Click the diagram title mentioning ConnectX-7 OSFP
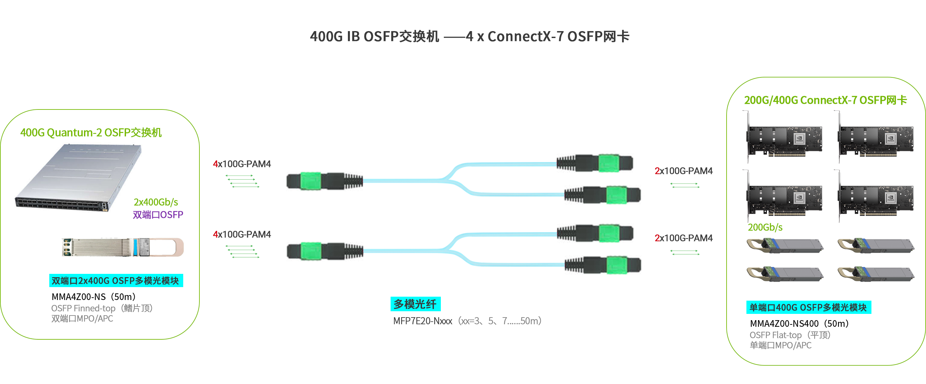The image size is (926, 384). coord(470,36)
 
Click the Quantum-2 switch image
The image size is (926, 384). coord(79,178)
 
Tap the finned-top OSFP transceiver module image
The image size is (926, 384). coord(123,247)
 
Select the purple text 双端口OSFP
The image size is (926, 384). coord(158,215)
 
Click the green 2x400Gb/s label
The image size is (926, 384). coord(156,202)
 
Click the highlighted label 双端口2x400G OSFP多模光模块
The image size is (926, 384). coord(116,280)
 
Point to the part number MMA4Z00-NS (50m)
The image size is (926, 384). coord(94,297)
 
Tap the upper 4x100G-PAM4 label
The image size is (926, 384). coord(242,164)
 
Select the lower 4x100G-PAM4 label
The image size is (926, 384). coord(242,235)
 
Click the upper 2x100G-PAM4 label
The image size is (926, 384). coord(683,171)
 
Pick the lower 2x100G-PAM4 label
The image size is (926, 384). coord(683,238)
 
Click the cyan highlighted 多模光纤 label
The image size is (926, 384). coord(415,304)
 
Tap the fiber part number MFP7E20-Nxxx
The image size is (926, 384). coord(423,321)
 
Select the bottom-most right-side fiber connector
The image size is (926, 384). coord(603,265)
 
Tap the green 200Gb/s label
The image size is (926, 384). coord(765,227)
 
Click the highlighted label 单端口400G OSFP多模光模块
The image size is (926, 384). coord(809,307)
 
